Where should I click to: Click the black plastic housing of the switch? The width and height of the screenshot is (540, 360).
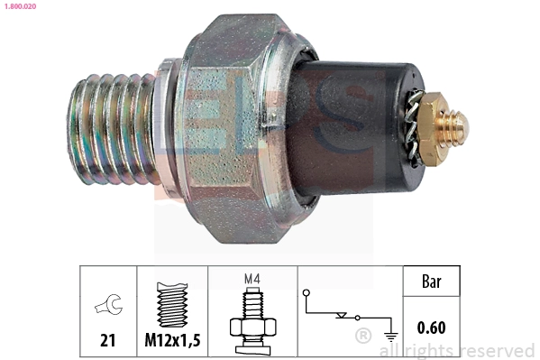361,126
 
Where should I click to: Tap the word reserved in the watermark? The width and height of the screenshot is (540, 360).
497,350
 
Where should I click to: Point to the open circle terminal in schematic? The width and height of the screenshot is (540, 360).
307,291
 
